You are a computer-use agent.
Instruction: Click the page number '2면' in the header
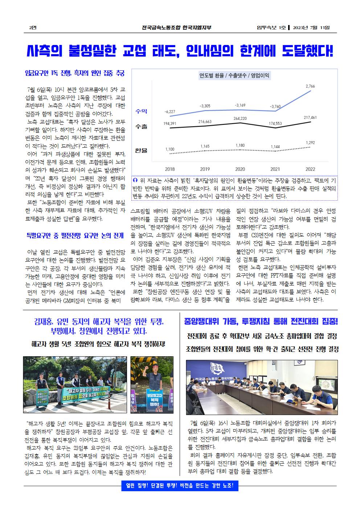click(x=32, y=28)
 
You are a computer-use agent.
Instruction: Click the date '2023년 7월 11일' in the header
click(x=314, y=28)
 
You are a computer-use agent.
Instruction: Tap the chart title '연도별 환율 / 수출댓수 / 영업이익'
click(x=234, y=75)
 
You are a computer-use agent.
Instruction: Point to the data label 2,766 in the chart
click(x=310, y=86)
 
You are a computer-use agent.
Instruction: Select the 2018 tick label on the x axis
click(x=170, y=169)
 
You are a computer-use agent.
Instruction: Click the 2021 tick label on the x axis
click(x=275, y=169)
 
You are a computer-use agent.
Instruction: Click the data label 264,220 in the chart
click(x=240, y=119)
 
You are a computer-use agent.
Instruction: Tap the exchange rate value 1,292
click(x=310, y=143)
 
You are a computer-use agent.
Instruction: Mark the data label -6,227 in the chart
click(x=170, y=111)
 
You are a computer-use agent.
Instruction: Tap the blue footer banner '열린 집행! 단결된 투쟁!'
click(x=180, y=486)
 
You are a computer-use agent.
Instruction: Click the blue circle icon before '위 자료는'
click(x=136, y=180)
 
